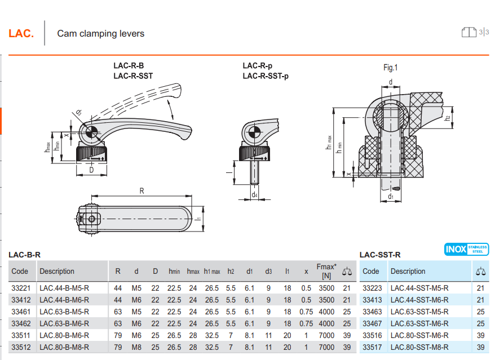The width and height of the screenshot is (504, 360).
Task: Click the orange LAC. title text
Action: point(21,34)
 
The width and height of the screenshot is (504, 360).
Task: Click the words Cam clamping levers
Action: point(100,34)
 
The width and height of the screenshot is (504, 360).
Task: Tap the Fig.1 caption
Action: point(390,68)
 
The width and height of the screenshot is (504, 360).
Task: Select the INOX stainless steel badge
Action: point(466,249)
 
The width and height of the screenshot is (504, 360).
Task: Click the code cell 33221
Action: point(21,288)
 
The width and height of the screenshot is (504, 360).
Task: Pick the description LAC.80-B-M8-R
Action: point(64,347)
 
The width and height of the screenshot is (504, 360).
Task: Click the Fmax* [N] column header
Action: point(326,271)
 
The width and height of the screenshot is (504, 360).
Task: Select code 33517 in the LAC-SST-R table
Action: point(372,347)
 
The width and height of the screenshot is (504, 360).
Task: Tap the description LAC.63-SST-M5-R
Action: point(419,312)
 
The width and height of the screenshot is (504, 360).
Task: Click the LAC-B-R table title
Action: point(24,255)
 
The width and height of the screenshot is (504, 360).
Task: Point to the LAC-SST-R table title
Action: point(380,255)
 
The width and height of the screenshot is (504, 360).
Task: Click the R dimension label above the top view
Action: point(142,192)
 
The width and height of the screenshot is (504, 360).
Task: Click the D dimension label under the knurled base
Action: point(91,169)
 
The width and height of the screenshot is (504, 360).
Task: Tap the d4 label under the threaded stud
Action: point(255,195)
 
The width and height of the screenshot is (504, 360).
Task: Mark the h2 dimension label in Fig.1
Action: point(447,118)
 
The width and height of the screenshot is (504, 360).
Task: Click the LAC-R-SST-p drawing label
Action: point(265,76)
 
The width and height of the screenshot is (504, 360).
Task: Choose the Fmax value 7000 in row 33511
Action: point(326,335)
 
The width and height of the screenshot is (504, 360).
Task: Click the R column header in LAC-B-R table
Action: point(118,271)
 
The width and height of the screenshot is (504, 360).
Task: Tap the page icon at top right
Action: point(468,32)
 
